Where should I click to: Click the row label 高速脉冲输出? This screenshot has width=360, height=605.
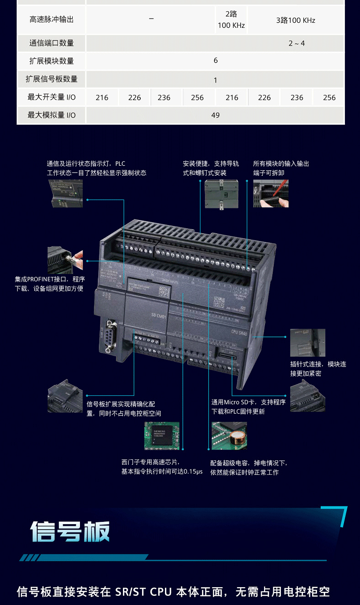click(51, 20)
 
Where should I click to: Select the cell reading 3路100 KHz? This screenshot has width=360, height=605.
click(296, 20)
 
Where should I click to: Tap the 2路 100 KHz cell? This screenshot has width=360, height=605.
click(231, 20)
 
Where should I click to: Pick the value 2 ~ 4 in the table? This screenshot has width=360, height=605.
click(296, 43)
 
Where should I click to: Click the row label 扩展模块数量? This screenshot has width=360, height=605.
click(51, 61)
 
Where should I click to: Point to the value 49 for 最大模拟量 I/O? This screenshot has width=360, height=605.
click(215, 115)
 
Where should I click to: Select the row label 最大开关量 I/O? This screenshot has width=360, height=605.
click(51, 97)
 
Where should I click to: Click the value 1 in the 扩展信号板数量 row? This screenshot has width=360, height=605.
click(215, 80)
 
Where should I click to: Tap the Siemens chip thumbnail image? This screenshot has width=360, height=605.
click(162, 436)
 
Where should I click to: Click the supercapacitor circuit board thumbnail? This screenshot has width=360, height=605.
click(229, 436)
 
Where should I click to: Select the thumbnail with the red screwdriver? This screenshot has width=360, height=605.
click(270, 194)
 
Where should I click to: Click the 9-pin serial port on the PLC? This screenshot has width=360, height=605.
click(109, 337)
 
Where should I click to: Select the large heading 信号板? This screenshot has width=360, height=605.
click(70, 531)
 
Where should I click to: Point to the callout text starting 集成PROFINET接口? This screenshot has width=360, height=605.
click(49, 284)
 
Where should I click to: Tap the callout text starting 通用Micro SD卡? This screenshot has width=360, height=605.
click(248, 407)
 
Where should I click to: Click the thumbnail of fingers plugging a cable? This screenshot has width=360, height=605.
click(65, 260)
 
